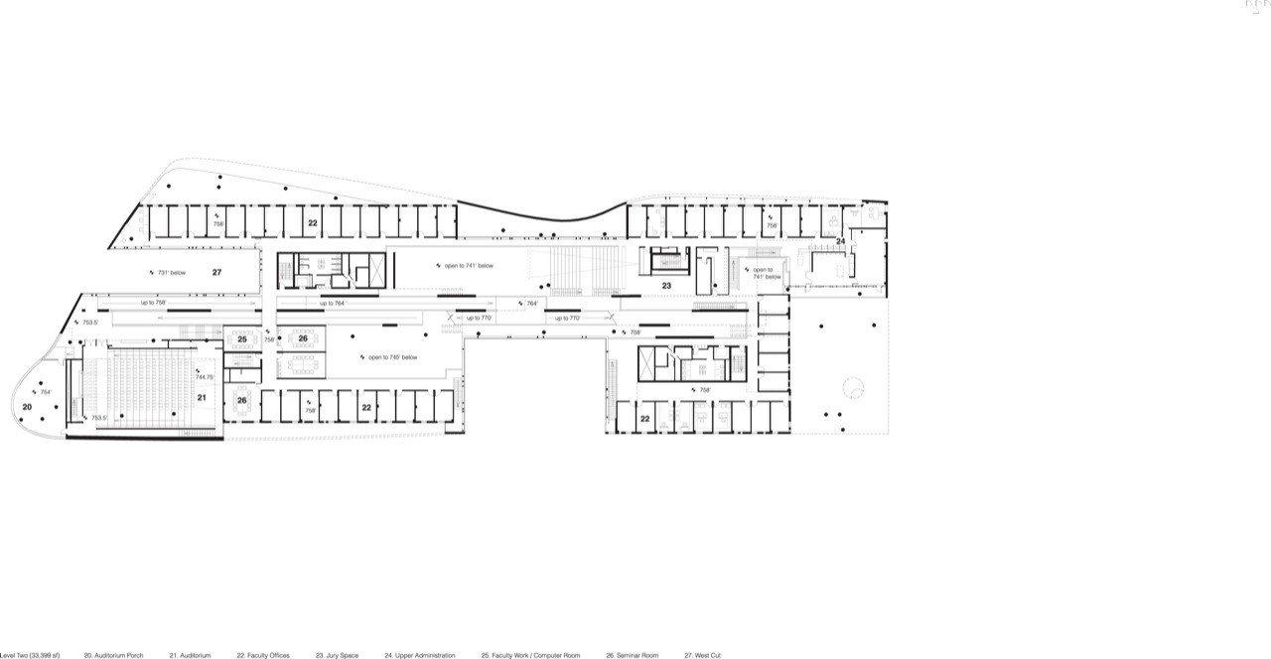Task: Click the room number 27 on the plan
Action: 216,271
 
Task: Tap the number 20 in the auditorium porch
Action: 27,407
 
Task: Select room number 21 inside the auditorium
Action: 201,398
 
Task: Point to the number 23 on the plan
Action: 667,286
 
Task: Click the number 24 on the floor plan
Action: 840,241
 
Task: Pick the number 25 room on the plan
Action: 241,339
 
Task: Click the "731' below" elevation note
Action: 171,271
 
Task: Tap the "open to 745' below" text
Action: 392,357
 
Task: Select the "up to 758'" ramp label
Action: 153,302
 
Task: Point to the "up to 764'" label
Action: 332,303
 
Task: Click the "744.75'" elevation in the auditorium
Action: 205,377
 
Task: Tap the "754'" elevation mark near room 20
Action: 44,391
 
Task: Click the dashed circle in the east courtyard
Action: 853,388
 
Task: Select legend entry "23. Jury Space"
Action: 337,655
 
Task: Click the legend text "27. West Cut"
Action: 702,655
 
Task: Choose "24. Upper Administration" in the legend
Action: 419,655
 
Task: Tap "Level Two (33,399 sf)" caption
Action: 30,655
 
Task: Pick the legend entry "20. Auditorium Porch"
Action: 113,655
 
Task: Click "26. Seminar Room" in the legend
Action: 632,655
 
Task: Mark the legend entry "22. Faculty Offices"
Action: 263,655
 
